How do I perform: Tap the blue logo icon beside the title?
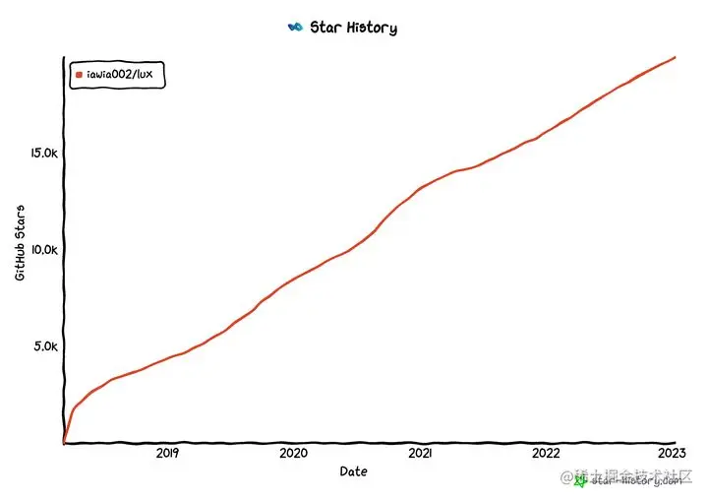(293, 28)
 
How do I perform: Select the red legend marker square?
(80, 75)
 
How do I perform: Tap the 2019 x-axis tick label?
(167, 454)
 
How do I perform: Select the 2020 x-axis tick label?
(294, 454)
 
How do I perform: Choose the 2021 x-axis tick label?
(420, 454)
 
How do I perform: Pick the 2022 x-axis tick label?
(547, 454)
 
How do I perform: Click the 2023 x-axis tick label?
(673, 454)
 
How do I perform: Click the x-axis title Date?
(354, 471)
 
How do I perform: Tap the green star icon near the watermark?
(580, 480)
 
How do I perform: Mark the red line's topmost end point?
(675, 57)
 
